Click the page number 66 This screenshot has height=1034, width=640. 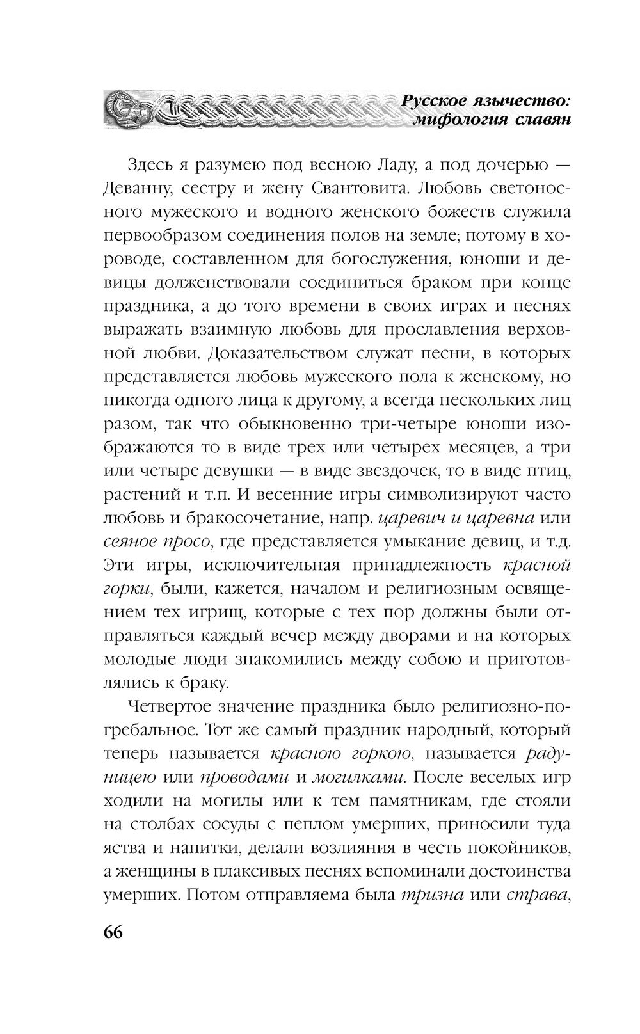[x=113, y=931]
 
